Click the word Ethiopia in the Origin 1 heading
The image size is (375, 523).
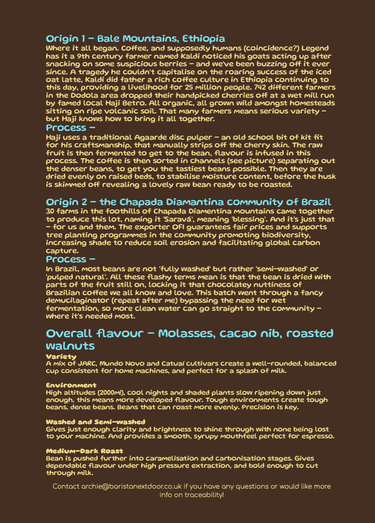204,39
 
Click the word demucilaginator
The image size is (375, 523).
77,301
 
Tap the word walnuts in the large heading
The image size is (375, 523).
71,346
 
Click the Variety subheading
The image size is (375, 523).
61,357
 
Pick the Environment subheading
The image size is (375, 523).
71,385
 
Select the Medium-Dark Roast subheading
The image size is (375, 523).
84,451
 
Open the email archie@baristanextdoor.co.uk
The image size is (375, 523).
131,486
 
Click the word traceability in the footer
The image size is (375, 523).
204,495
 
